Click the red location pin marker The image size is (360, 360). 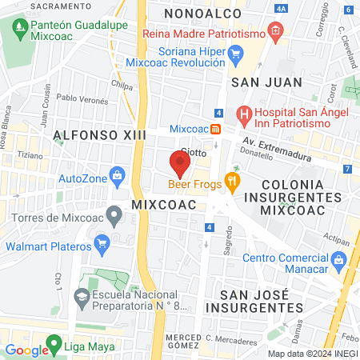180,164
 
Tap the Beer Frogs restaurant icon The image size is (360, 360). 233,182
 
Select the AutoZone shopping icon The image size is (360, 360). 117,174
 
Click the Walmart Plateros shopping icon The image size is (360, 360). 102,242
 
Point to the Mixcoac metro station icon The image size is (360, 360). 215,129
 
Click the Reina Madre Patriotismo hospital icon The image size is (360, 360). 275,34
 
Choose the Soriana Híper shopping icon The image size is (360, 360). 235,54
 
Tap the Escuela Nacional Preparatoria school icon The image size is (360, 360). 82,298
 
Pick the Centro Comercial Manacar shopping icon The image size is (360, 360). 338,260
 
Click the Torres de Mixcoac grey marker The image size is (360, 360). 114,213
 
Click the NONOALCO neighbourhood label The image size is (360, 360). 195,13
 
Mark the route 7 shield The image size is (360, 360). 347,169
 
